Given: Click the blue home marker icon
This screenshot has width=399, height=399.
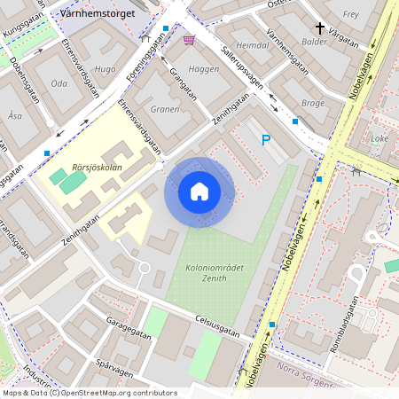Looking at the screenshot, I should (x=199, y=192).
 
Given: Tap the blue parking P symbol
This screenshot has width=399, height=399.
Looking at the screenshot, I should (x=265, y=139).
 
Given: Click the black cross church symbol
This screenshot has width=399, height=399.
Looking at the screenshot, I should (x=319, y=28).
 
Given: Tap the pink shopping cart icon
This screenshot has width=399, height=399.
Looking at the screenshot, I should (x=189, y=39).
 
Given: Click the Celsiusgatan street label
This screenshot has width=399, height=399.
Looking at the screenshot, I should (x=216, y=325).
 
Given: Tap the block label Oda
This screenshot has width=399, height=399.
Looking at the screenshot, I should (x=59, y=83).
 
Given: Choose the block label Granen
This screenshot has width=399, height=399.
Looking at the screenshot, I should (x=164, y=110).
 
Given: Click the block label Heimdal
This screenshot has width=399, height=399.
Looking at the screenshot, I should (x=253, y=44).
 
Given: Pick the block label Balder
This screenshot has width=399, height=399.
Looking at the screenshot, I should (x=314, y=42).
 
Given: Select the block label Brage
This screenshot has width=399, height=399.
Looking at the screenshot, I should (x=313, y=103).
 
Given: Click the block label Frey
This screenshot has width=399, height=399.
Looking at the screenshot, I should (x=350, y=14).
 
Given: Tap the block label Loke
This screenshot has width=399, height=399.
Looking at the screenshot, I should (x=379, y=138).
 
